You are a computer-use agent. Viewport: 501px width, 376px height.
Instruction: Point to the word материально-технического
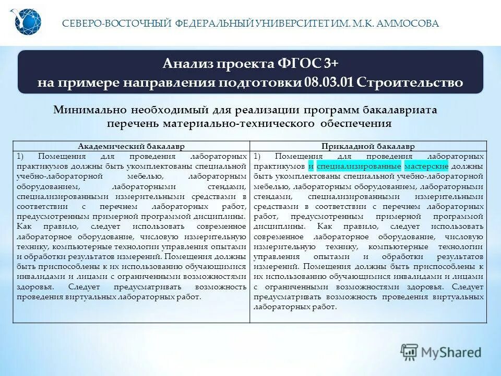click(241, 124)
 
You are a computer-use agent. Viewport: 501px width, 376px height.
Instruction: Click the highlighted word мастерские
click(426, 166)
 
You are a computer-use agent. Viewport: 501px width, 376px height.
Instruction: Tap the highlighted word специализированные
click(359, 166)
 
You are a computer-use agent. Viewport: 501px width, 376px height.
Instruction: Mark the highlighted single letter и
click(311, 166)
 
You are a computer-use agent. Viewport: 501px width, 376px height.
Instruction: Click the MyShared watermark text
click(451, 352)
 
